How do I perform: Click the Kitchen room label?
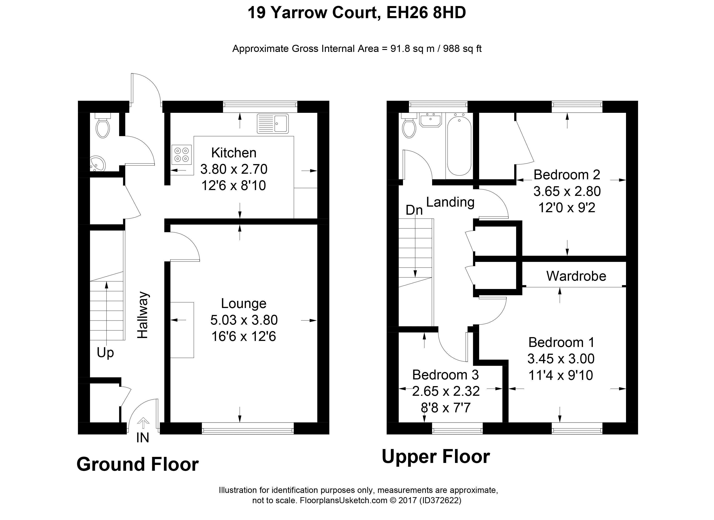tap(234, 153)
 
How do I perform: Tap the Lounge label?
tap(244, 304)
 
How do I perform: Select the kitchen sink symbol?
tap(273, 124)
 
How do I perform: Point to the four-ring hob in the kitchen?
tap(182, 154)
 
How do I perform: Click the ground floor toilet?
tap(103, 126)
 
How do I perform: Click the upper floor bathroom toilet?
tap(409, 126)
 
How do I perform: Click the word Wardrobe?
tap(576, 276)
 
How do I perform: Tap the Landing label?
tap(450, 202)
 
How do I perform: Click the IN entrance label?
tap(143, 438)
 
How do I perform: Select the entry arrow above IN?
tap(143, 423)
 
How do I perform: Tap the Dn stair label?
tap(414, 210)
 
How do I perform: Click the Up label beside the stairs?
tap(105, 353)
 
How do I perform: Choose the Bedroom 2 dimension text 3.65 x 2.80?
tap(567, 191)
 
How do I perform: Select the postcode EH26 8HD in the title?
tap(426, 13)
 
